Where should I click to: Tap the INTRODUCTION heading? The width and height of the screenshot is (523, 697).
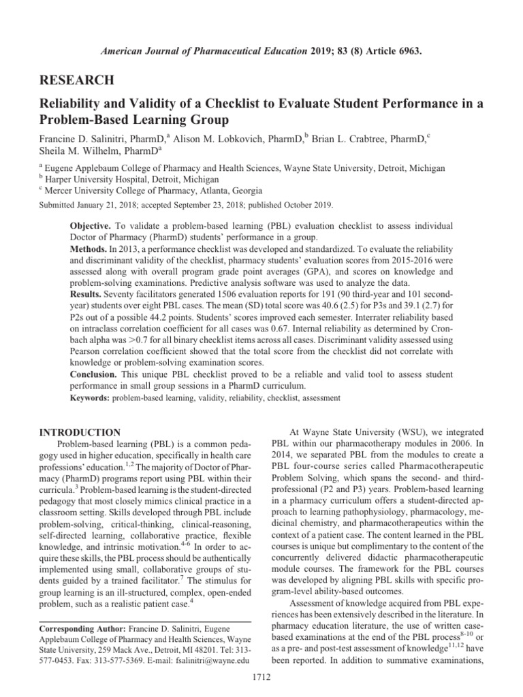click(x=82, y=432)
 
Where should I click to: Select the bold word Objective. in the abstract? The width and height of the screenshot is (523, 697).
click(x=93, y=225)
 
